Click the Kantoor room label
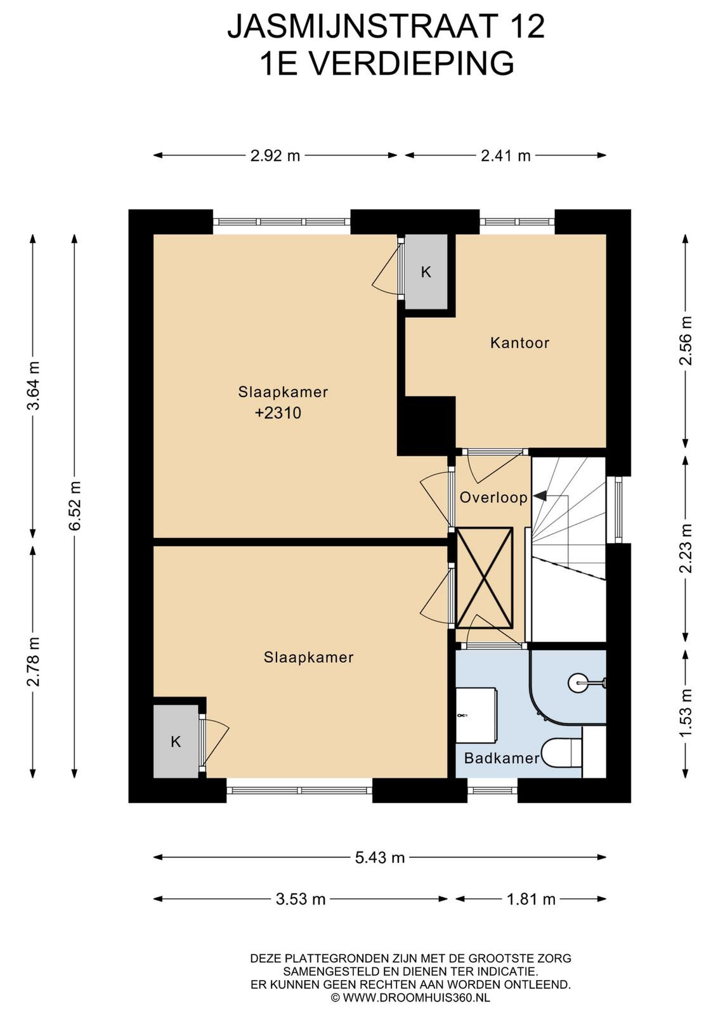point(519,343)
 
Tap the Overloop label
point(493,497)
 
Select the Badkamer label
point(502,758)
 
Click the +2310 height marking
point(278,413)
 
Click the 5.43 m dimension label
point(379,857)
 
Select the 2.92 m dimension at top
point(275,156)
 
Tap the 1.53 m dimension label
point(687,713)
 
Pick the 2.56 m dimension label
point(687,341)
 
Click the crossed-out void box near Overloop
point(485,577)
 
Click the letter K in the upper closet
point(426,272)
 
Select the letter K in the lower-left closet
point(176,742)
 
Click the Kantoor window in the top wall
point(517,221)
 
